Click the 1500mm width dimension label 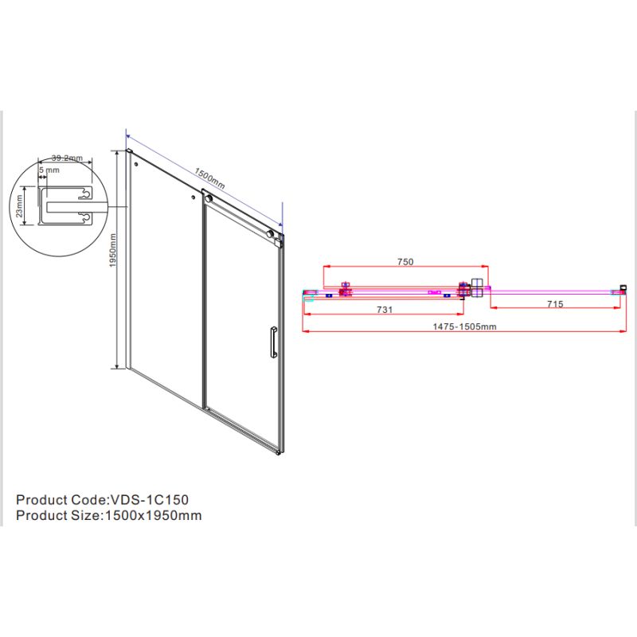[x=209, y=178]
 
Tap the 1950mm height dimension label [x=113, y=250]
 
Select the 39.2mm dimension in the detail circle [x=67, y=158]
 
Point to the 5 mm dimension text [x=49, y=170]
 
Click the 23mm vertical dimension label [x=19, y=206]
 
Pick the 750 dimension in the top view [x=405, y=262]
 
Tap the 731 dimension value [x=385, y=310]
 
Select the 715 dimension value [x=555, y=304]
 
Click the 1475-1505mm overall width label [x=464, y=326]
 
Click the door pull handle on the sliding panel [x=273, y=342]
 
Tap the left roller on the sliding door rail [x=209, y=198]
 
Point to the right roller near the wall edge [x=270, y=234]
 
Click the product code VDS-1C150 [x=150, y=500]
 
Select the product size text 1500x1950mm [x=154, y=515]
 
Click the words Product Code [x=61, y=500]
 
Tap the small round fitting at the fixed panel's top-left [x=136, y=164]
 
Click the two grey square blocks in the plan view [x=476, y=288]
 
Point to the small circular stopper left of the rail [x=193, y=197]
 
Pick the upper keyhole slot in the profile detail [x=84, y=194]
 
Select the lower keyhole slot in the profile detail [x=84, y=218]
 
